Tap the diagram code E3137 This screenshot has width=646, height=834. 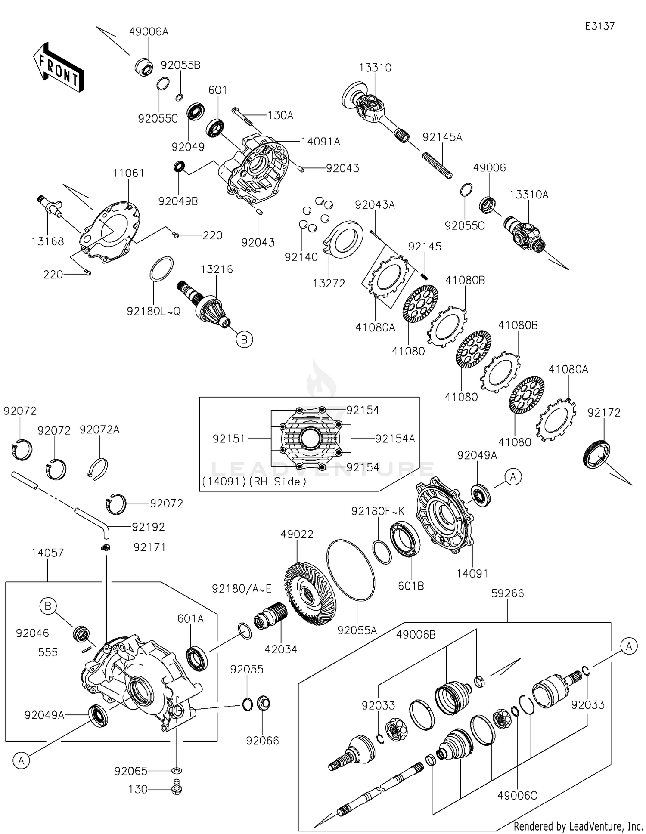point(599,26)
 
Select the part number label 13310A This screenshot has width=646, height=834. point(529,195)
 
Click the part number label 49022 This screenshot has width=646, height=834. point(297,534)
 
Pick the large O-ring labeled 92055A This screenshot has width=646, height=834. point(351,570)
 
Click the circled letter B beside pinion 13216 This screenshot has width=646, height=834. point(244,340)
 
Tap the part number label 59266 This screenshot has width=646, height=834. point(508,594)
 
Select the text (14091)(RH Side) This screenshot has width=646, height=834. point(254,482)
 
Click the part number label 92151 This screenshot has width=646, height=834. point(229,439)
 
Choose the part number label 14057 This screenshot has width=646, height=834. point(47,553)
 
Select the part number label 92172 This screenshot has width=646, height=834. point(604,413)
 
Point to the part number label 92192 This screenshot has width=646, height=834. point(149,527)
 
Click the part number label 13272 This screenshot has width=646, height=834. point(329,283)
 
